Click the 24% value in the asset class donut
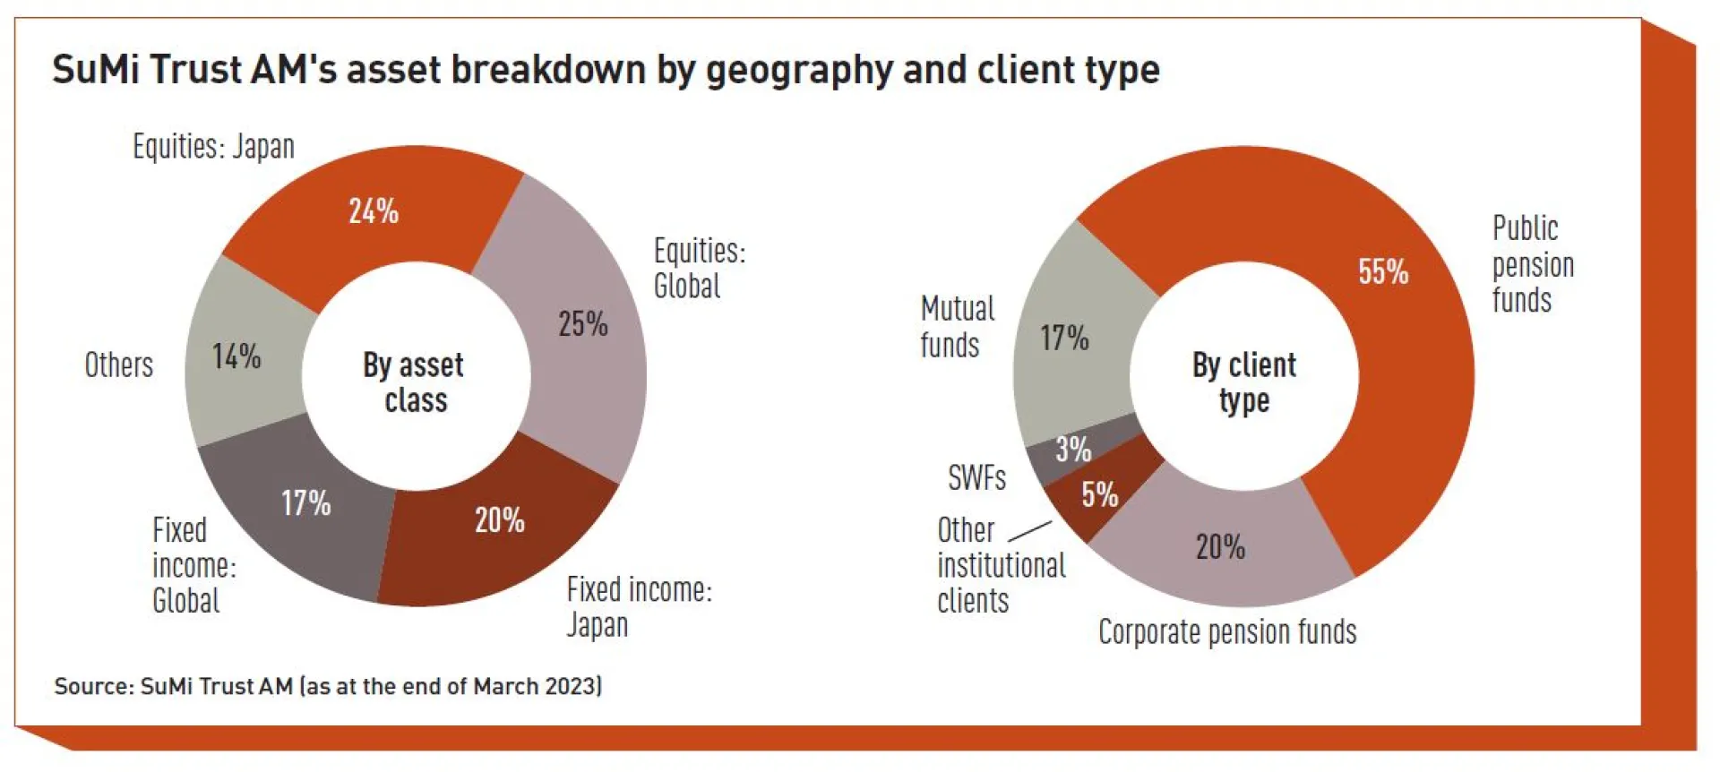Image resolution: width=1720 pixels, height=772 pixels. point(374,211)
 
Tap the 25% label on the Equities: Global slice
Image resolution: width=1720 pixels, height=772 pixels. point(583,323)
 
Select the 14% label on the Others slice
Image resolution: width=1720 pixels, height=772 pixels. point(236,356)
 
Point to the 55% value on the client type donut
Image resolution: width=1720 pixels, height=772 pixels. point(1383,271)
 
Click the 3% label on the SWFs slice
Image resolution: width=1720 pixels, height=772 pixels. point(1073,449)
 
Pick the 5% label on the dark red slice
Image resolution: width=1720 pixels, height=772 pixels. point(1099,494)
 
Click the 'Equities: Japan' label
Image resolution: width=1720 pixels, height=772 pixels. point(213,146)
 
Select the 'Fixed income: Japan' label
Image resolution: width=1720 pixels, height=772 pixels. point(638,606)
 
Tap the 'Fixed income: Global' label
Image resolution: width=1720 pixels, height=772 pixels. point(193,565)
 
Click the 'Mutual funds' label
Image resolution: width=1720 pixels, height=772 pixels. point(957,327)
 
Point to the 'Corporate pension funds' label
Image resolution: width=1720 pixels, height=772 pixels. point(1227,632)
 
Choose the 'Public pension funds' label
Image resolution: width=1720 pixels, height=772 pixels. point(1532,264)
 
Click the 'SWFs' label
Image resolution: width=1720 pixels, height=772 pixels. point(976,477)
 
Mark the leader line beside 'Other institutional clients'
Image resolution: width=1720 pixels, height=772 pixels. point(1030,531)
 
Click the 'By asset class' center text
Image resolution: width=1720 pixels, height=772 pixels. point(414,382)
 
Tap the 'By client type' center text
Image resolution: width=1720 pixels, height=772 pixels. point(1243,382)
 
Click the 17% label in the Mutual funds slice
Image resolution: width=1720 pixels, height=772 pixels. point(1064,338)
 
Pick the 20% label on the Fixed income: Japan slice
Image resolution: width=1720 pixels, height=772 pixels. point(499,519)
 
